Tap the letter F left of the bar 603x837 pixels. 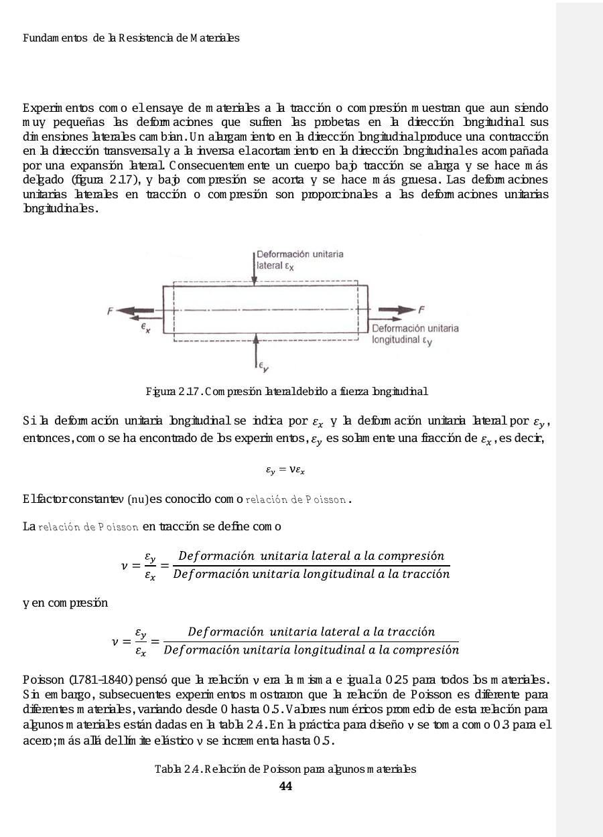[x=110, y=310]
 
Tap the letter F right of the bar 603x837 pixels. [x=421, y=309]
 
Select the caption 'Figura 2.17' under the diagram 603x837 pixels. [x=286, y=390]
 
